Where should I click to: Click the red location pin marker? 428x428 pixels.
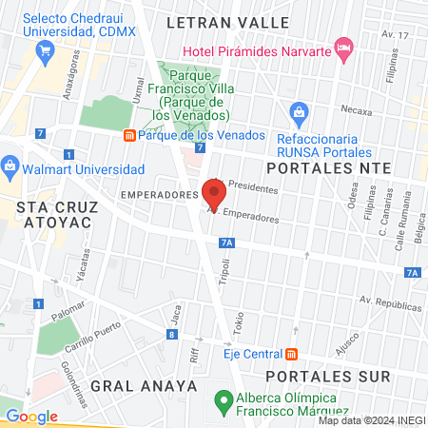[x=214, y=195]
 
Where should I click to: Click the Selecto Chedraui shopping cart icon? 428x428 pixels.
[x=41, y=53]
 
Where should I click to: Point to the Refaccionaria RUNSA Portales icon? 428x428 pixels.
[x=300, y=114]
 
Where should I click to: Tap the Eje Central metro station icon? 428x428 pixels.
[x=292, y=355]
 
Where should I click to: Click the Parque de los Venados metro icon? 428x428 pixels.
[x=129, y=135]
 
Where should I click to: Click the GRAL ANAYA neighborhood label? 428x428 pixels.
[x=145, y=386]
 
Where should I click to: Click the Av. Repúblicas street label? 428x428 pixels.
[x=391, y=306]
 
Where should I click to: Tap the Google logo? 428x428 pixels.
[x=31, y=416]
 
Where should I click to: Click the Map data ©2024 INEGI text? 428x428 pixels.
[x=371, y=420]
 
